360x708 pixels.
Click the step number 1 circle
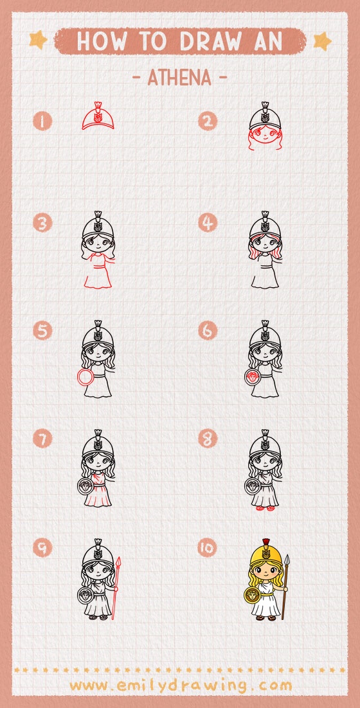43,121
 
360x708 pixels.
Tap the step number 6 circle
208,331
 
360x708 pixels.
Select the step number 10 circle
208,547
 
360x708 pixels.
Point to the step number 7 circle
43,439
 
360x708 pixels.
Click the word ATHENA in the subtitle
179,78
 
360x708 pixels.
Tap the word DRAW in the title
215,42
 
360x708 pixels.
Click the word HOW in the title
99,42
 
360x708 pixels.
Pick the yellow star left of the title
39,40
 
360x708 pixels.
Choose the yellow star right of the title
321,41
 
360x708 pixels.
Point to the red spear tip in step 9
119,565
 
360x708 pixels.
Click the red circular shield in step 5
84,378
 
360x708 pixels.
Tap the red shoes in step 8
265,509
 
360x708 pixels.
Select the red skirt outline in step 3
98,278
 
